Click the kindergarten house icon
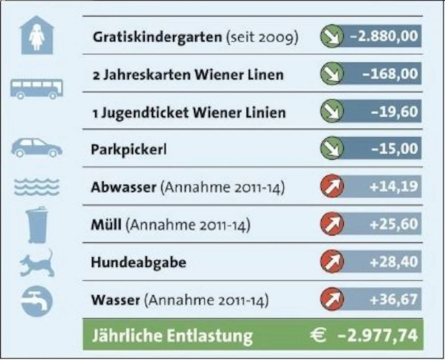point(37,35)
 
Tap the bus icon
point(37,89)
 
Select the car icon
point(37,148)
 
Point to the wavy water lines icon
point(37,186)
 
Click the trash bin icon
point(37,225)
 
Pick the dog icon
point(37,263)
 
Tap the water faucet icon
point(37,301)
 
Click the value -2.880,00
point(384,36)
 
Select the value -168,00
point(390,74)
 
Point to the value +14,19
point(394,186)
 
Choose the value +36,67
point(394,299)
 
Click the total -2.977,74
point(378,335)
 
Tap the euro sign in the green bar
point(318,335)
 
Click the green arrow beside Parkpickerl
point(332,148)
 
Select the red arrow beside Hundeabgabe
point(332,261)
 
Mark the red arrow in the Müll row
point(332,224)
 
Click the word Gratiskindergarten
point(157,37)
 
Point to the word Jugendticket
point(145,113)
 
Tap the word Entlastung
point(210,336)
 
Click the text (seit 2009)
point(262,37)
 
